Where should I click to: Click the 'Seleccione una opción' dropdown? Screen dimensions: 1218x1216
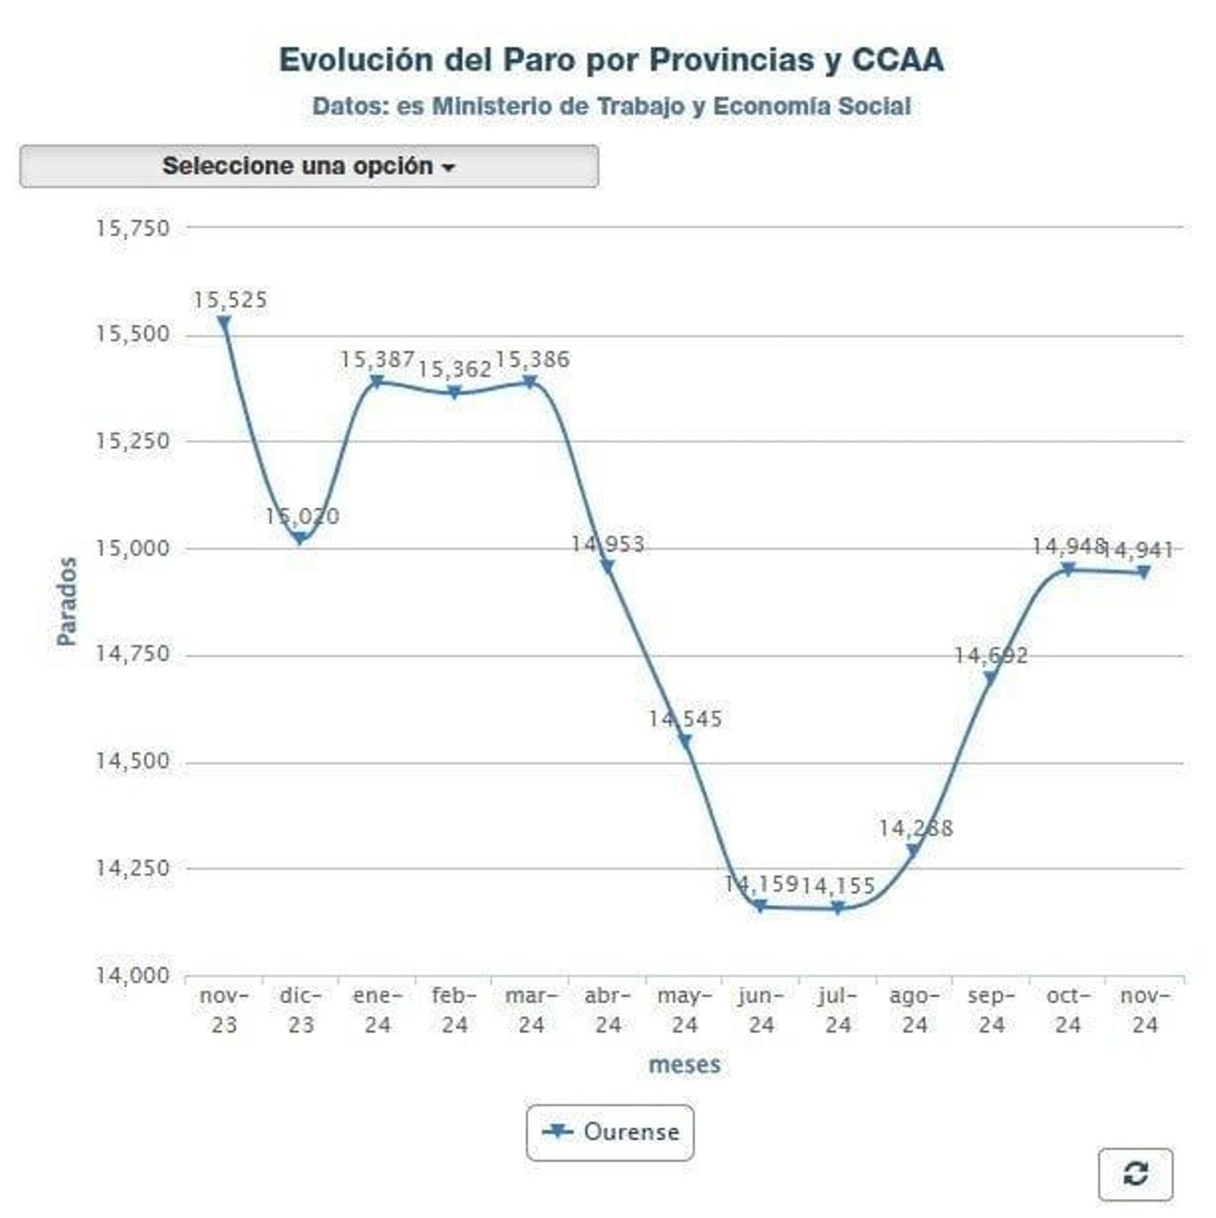309,166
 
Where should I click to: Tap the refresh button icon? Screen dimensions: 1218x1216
1135,1174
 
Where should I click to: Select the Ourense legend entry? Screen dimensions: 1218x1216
610,1132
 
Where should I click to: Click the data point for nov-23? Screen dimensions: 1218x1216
224,323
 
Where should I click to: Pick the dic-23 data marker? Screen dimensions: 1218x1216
301,539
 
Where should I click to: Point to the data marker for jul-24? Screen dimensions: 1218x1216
838,907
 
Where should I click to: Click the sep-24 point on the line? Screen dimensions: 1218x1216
990,678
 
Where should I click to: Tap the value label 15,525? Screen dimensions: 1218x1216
230,300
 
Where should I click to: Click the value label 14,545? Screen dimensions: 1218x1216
685,719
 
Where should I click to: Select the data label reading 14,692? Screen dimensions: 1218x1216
990,655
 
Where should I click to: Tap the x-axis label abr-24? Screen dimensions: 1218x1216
608,1010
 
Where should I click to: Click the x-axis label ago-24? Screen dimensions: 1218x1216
914,1010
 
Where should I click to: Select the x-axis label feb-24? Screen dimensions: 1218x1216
454,1010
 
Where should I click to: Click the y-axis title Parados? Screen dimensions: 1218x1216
67,601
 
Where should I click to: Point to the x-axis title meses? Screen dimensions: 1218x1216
684,1065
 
